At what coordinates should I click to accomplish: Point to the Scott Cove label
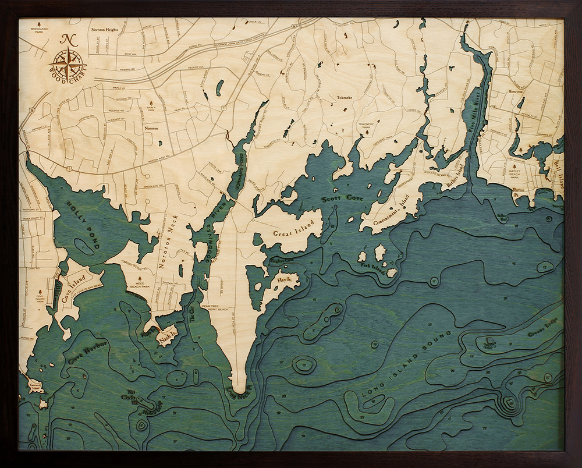(343, 199)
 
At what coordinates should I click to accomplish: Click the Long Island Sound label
(407, 366)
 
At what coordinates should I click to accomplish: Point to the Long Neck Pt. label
(240, 387)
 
